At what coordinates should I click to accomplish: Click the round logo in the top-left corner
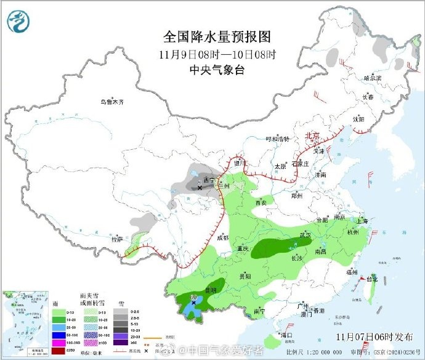tap(20, 22)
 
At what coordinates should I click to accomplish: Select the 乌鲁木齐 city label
tap(113, 102)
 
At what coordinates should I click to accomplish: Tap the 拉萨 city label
tap(116, 239)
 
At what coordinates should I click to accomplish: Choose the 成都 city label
tap(222, 237)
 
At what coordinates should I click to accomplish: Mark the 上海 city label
tap(362, 221)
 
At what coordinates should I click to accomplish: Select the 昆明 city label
tap(211, 289)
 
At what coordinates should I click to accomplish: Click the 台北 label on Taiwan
tap(372, 279)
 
